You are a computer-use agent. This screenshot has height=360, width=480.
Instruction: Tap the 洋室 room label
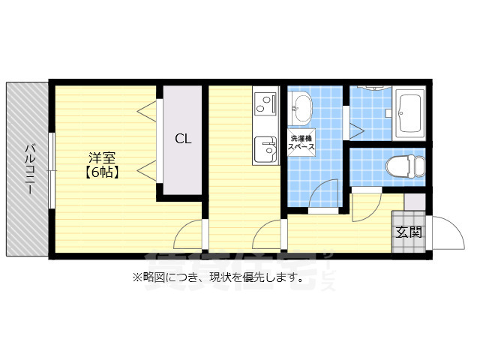pos(101,158)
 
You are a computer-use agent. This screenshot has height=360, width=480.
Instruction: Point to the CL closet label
pos(183,138)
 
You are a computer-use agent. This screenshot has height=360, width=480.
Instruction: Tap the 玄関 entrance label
pos(409,232)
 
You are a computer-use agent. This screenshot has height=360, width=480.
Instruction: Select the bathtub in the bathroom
pos(409,114)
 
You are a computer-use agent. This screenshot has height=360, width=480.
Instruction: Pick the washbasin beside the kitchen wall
pos(301,108)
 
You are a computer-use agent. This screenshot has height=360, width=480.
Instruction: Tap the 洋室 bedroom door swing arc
pos(189,235)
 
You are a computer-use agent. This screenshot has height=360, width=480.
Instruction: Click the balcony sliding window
pos(51,170)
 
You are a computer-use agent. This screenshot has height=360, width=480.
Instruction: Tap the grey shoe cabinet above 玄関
pos(414,202)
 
